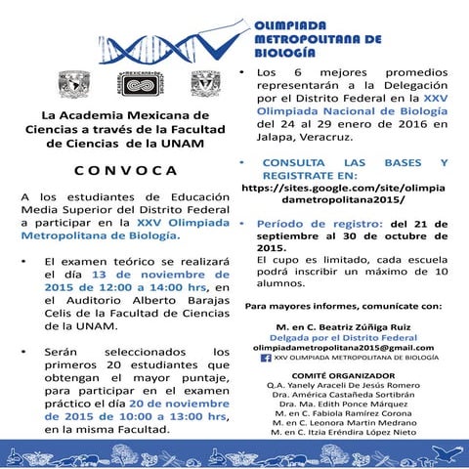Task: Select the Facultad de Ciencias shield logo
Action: coord(206,81)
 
